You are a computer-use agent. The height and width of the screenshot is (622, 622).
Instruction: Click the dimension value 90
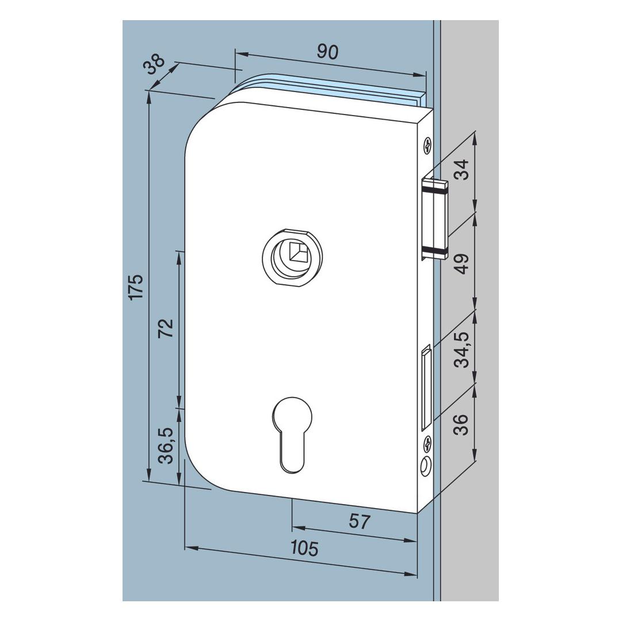click(327, 52)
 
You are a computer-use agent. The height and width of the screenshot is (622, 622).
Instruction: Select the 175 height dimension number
click(136, 287)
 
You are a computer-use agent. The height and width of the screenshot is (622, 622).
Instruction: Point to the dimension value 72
click(166, 327)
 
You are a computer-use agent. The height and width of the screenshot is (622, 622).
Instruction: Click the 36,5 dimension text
click(166, 445)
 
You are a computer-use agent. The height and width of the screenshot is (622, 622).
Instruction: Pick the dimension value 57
click(360, 522)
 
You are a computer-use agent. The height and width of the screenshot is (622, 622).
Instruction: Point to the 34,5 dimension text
click(461, 349)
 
